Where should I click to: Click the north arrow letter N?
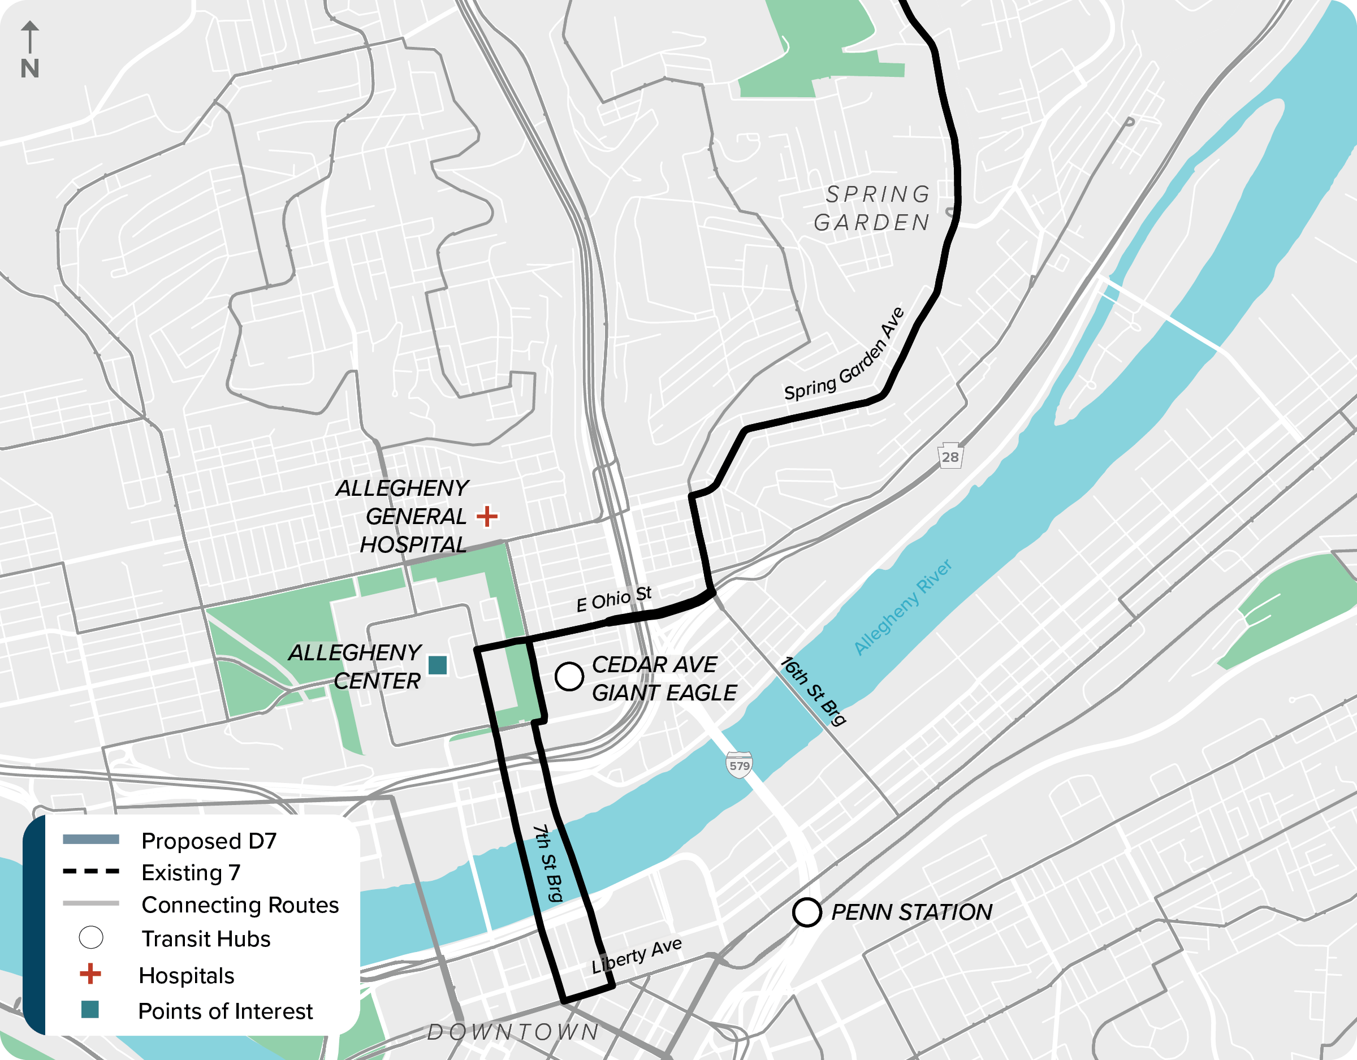tap(30, 68)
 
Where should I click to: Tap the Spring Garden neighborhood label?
tap(873, 208)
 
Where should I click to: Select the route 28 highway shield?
tap(950, 456)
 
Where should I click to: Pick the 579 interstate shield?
tap(739, 765)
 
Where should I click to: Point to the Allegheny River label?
tap(902, 607)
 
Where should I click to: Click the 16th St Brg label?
tap(813, 691)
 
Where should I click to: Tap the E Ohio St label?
tap(614, 599)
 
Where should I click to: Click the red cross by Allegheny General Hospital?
tap(487, 516)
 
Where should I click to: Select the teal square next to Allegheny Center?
tap(438, 665)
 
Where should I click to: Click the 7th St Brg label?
tap(548, 863)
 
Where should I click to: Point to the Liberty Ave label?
tap(636, 955)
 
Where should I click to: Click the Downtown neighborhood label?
tap(513, 1031)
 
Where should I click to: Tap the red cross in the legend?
tap(90, 974)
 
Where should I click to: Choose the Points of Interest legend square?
tap(90, 1010)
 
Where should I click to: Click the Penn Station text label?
tap(911, 912)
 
